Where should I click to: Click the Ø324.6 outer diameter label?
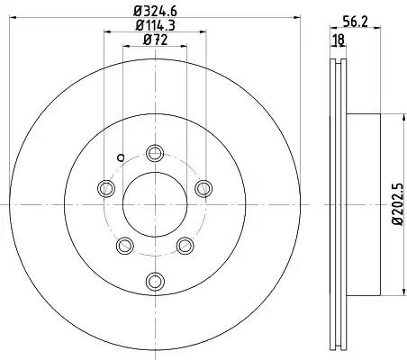coord(155,12)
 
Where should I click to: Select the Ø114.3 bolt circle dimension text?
coord(155,25)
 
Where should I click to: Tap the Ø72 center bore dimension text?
coord(155,40)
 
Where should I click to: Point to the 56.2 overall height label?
coord(356,22)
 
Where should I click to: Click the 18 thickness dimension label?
coord(339,40)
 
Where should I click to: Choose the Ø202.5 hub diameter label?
coord(398,204)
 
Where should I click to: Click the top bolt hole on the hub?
coord(155,153)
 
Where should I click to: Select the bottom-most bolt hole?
coord(155,281)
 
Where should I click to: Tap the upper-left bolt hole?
coord(106,188)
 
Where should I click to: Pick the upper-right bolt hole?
coord(203,188)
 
